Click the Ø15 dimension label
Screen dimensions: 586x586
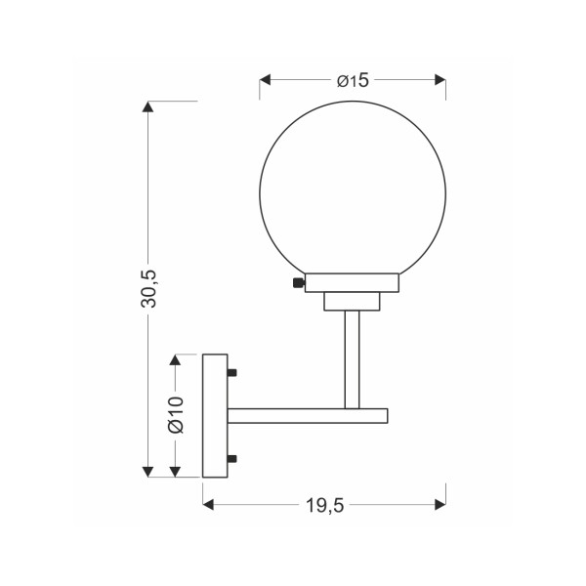click(353, 81)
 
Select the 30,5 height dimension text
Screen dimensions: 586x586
click(149, 289)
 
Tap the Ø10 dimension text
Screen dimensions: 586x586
click(176, 415)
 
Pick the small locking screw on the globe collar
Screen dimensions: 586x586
click(297, 284)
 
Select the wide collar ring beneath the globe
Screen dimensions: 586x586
click(352, 283)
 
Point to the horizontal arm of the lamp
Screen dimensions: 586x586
click(308, 416)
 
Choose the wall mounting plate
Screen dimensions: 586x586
click(214, 415)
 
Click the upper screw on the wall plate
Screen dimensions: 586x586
click(232, 373)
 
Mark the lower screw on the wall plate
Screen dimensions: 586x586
click(232, 458)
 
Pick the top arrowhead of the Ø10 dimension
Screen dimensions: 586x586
click(176, 359)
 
